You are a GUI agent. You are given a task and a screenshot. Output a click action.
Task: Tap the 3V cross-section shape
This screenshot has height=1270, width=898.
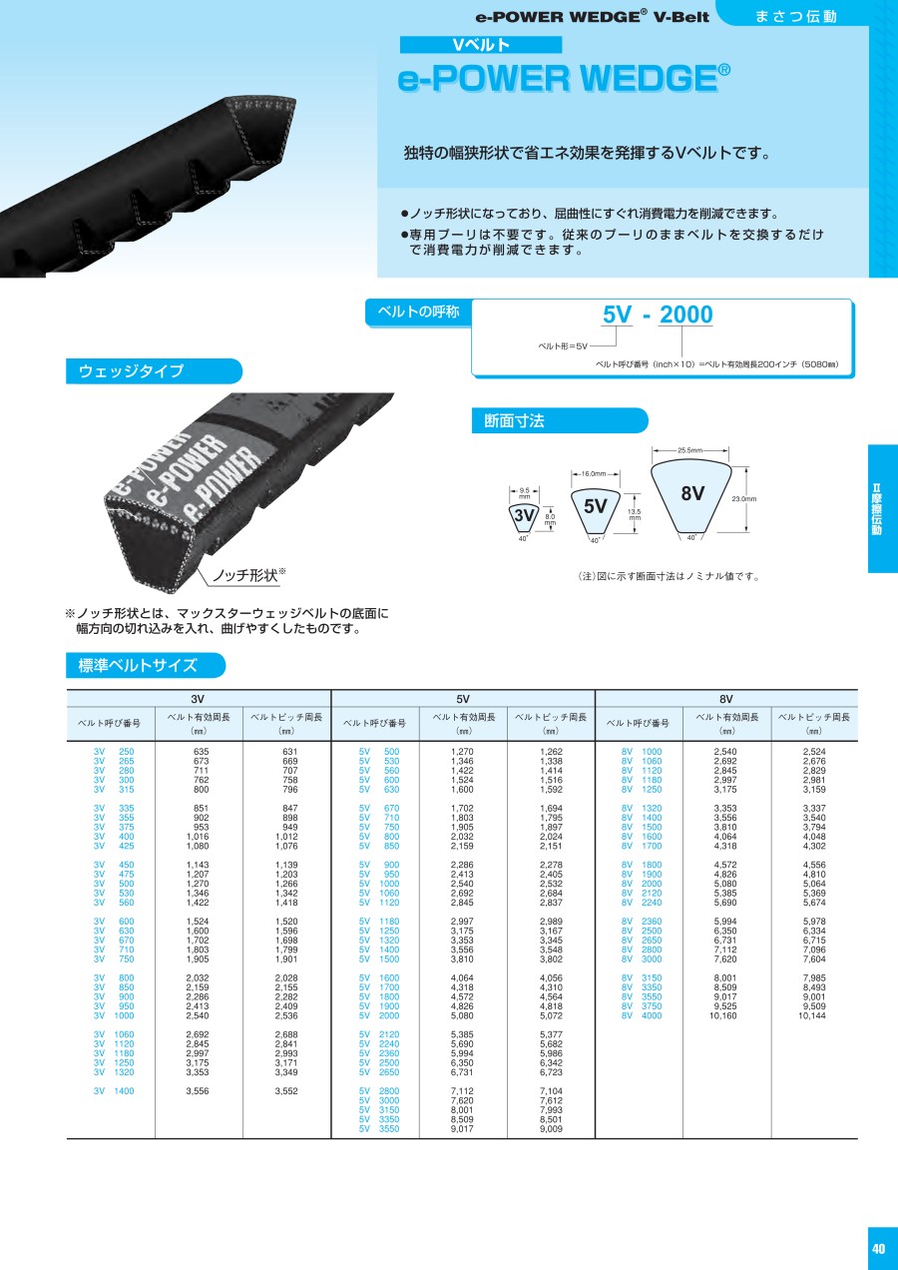[524, 516]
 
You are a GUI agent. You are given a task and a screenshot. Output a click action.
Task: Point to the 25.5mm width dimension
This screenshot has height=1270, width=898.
[690, 450]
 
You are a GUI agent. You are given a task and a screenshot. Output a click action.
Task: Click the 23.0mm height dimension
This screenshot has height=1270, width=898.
[744, 499]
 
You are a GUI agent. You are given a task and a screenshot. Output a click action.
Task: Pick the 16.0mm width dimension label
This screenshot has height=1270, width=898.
[594, 474]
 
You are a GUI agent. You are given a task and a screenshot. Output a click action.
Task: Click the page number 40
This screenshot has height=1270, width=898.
[878, 1248]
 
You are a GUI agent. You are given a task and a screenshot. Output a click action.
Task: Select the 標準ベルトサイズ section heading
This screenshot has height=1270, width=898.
[138, 665]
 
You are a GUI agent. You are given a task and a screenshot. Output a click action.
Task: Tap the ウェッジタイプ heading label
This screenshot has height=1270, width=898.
[131, 370]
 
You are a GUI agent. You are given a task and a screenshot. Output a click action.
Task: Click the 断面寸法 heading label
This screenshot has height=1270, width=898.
[514, 420]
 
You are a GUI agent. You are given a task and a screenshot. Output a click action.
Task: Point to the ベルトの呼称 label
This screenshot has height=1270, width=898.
[418, 312]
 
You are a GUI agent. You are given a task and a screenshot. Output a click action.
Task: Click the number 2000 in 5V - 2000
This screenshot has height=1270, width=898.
[686, 315]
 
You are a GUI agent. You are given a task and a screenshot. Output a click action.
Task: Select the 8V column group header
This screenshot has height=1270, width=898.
[725, 699]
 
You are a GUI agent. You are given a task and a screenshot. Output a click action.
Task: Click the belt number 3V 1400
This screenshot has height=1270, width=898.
[114, 1091]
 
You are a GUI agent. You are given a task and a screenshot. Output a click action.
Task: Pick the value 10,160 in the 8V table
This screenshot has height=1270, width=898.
[723, 1015]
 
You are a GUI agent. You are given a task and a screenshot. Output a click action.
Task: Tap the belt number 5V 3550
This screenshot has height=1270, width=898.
[379, 1129]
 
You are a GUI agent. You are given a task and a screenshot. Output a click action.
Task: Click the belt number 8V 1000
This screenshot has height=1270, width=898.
[642, 752]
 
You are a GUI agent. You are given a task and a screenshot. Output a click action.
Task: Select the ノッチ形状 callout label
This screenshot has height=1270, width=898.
[244, 575]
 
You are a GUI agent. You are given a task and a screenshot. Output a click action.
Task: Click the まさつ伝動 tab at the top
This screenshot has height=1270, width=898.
[796, 16]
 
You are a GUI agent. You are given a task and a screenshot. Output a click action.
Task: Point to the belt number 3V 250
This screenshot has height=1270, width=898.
[114, 752]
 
